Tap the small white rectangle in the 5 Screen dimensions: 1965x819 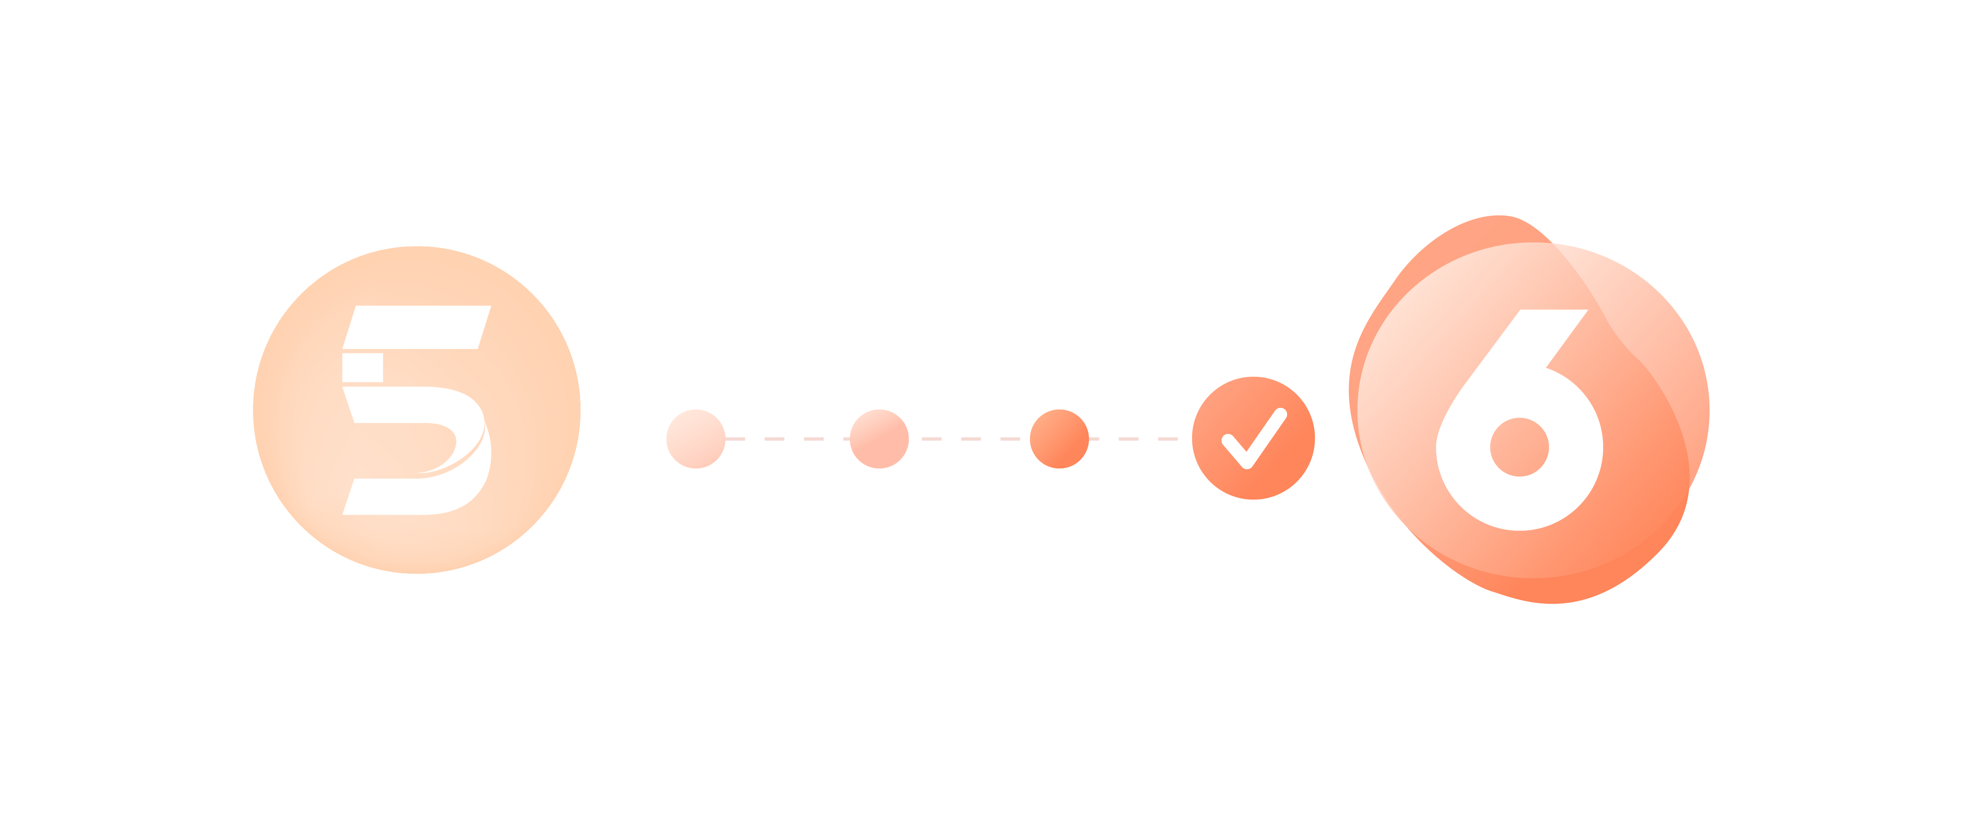coord(362,367)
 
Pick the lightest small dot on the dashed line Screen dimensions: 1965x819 coord(696,439)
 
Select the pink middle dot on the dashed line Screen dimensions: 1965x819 coord(879,439)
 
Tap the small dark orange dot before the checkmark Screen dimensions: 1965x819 coord(1059,439)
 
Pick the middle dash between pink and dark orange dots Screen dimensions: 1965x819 coord(971,439)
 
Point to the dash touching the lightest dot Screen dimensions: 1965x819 coord(734,439)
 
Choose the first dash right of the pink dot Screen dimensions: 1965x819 coord(931,439)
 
